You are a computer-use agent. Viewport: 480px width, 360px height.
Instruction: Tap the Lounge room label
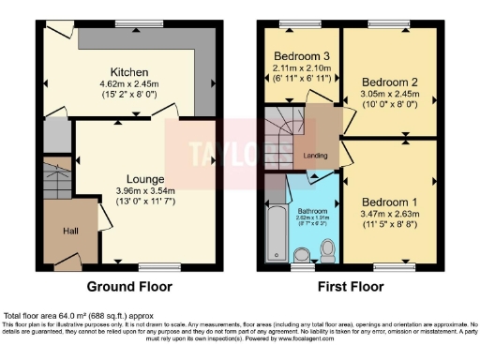click(x=146, y=179)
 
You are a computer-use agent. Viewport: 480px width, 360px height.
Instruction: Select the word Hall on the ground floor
click(x=58, y=231)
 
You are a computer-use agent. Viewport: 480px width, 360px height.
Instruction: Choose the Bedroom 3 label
click(x=299, y=55)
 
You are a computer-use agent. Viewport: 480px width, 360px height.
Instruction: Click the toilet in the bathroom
click(x=327, y=248)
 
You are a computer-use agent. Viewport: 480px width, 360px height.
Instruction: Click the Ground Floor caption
click(x=128, y=286)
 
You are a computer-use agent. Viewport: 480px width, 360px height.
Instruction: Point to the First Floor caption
click(x=349, y=286)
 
